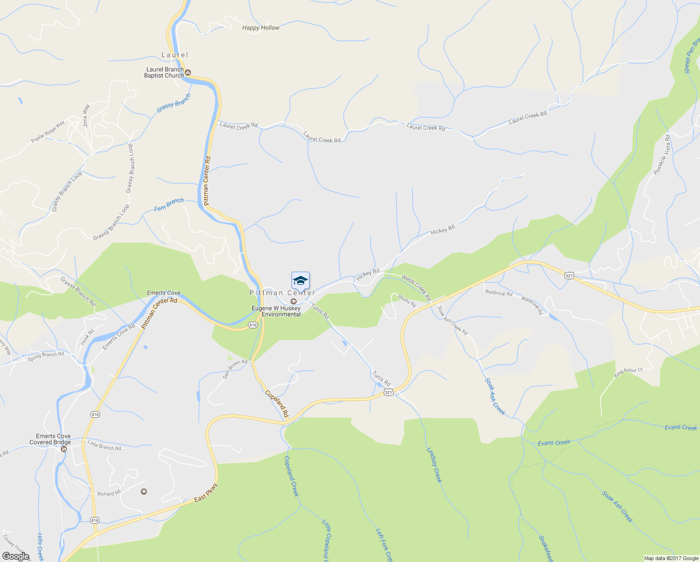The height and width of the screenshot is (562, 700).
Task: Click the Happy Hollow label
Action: (261, 28)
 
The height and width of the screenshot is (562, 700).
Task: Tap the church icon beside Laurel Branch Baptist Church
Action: (188, 72)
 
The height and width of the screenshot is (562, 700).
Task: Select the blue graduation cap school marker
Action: (300, 281)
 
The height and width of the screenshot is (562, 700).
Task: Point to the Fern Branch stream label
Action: (169, 205)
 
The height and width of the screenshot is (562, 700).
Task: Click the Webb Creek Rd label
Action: (416, 288)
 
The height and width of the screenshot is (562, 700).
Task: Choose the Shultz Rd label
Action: (407, 301)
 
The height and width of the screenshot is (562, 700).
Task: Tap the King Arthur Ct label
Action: (628, 372)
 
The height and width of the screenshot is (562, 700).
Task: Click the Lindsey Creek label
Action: (434, 465)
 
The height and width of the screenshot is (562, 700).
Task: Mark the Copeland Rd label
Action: (277, 404)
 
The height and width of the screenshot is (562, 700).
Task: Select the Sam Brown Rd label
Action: (235, 369)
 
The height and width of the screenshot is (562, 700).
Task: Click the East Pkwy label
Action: (206, 493)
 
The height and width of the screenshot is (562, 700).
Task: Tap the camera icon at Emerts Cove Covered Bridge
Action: (64, 449)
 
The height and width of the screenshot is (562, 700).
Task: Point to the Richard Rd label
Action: (109, 494)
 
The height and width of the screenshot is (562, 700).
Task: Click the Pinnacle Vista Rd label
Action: (662, 155)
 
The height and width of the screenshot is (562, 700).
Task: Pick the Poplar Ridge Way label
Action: (48, 133)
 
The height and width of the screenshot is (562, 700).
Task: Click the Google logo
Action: (15, 556)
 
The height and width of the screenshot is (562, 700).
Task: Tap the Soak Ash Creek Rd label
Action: (452, 320)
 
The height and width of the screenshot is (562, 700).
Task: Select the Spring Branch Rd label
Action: (45, 357)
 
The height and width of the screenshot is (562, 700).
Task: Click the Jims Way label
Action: (86, 116)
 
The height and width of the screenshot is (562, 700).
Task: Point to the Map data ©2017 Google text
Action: (671, 558)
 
